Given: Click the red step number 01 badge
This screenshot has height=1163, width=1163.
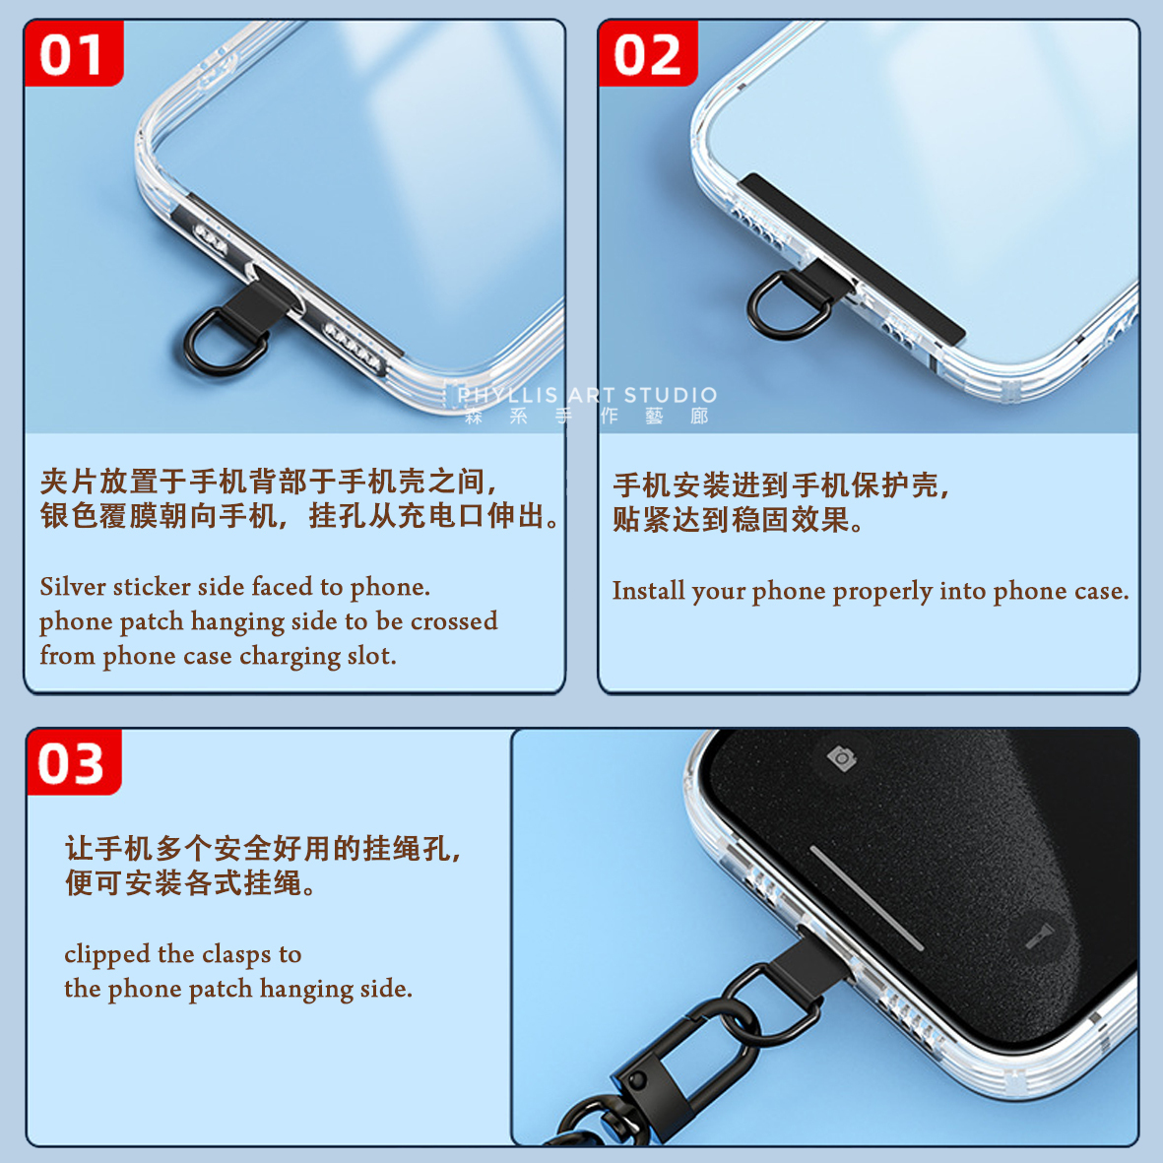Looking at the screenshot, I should click(73, 55).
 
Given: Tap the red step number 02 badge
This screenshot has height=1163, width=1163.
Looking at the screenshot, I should click(648, 55).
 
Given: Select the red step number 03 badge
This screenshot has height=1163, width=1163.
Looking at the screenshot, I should click(72, 764).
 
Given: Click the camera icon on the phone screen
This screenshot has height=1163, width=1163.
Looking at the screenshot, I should click(841, 757).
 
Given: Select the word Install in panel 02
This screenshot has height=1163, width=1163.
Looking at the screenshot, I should click(648, 591).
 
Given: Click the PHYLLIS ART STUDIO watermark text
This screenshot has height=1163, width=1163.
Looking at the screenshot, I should click(587, 396).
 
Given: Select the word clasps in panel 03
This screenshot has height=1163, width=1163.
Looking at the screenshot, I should click(236, 954).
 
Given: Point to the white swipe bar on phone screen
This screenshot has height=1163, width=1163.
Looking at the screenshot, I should click(866, 897).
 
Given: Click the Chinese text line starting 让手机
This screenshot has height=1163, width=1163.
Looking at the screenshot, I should click(263, 848).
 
